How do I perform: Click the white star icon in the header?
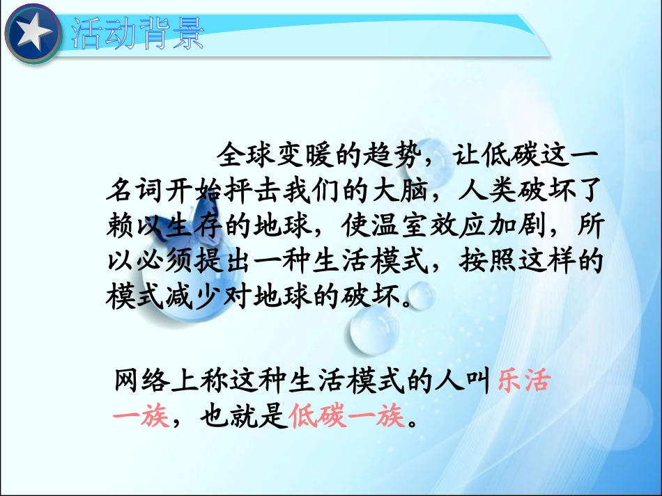[x=33, y=33]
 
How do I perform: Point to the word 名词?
[x=132, y=190]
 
